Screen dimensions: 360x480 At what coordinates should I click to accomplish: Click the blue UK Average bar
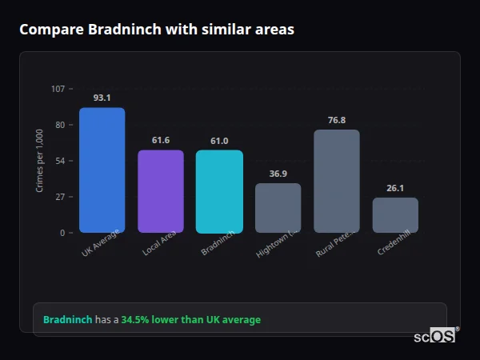pos(102,170)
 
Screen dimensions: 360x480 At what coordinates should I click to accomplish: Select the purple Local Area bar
pos(161,191)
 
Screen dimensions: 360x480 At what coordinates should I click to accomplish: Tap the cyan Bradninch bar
pos(219,191)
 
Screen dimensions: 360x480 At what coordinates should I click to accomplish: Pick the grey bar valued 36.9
pos(278,208)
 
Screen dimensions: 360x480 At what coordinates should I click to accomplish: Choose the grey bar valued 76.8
pos(337,181)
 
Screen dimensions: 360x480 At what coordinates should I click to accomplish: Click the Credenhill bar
pos(395,215)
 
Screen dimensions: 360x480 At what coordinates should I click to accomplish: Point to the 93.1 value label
pos(102,98)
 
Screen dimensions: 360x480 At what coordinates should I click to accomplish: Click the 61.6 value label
pos(161,140)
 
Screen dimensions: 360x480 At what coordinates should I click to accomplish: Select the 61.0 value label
pos(219,141)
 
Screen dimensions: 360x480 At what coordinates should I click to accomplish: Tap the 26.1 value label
pos(395,188)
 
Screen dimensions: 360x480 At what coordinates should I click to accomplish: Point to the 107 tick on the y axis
pos(58,89)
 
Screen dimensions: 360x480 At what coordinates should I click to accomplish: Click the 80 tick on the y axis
pos(59,125)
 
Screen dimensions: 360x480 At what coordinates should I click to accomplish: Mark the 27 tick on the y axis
pos(59,197)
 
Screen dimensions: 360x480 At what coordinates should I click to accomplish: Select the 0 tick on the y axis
pos(62,233)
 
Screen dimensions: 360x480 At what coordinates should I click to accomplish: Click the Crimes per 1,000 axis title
pos(40,161)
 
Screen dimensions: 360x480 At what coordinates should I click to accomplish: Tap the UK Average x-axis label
pos(101,245)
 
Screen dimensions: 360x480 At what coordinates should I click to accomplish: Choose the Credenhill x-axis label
pos(394,245)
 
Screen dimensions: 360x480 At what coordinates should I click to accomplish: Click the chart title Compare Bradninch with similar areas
pos(157,30)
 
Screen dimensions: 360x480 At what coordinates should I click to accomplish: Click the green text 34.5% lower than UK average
pos(190,320)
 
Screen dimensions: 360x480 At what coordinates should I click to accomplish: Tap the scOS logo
pos(434,336)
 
